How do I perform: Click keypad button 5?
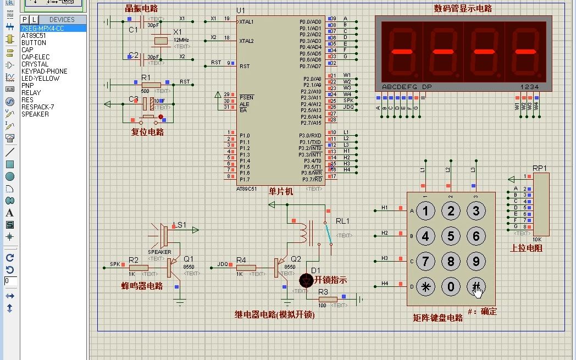click(451, 236)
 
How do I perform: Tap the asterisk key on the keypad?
click(425, 286)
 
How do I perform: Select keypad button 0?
click(451, 286)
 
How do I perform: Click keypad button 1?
click(425, 211)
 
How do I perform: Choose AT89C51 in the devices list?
click(34, 35)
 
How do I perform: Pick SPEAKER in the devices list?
click(35, 114)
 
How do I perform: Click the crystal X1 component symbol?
click(160, 40)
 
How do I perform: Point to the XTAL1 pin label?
click(246, 22)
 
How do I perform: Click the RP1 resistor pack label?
click(540, 168)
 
